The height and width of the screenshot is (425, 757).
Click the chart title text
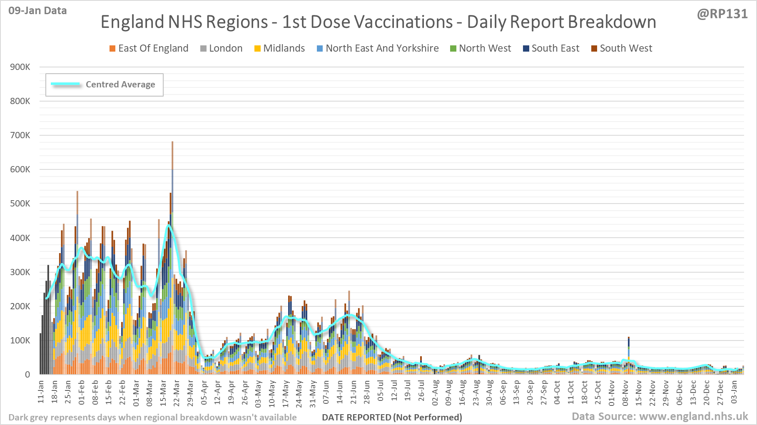point(378,22)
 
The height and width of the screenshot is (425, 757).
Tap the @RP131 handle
point(722,14)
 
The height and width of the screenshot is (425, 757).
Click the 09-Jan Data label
point(37,11)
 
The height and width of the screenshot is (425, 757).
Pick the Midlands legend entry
point(279,48)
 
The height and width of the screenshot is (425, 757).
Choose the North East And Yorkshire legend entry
point(378,48)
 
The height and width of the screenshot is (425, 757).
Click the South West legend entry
point(622,48)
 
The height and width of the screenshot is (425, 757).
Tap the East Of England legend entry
point(149,48)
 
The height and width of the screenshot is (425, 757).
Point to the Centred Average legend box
point(104,85)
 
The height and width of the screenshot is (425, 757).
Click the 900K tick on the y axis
point(20,67)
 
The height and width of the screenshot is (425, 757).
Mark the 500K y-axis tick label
point(20,204)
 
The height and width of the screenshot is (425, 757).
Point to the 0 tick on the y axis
point(27,375)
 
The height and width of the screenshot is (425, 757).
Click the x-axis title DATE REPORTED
point(392,417)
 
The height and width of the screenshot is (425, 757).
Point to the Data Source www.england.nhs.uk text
point(660,416)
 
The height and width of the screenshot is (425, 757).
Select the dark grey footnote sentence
point(152,417)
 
